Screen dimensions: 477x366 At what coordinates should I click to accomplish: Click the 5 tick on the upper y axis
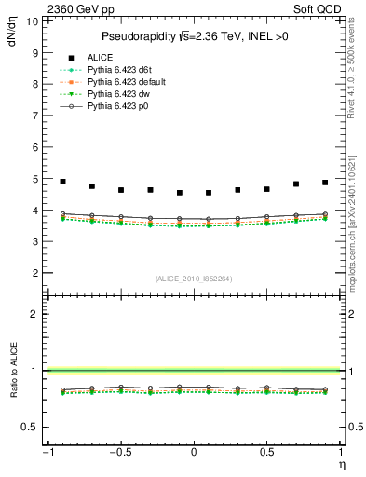[34, 178]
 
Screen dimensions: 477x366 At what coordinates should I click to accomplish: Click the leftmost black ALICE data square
[62, 182]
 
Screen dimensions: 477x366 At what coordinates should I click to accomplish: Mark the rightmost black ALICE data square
[325, 183]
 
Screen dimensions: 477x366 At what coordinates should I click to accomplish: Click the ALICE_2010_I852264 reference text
[194, 279]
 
